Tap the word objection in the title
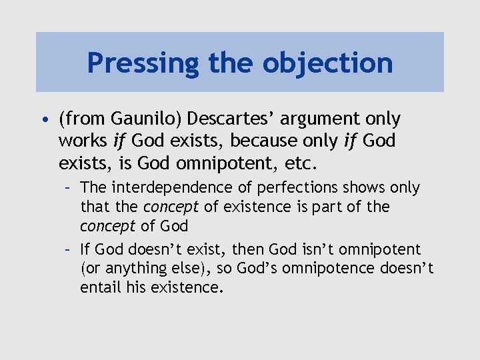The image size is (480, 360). [327, 63]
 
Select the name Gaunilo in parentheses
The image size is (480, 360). [147, 119]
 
